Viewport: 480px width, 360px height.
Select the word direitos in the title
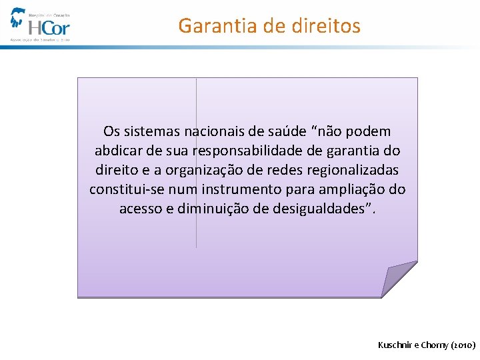tap(327, 26)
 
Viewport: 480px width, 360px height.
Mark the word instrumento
tap(241, 189)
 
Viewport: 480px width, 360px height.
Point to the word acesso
tap(141, 209)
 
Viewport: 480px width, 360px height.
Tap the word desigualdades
tap(327, 209)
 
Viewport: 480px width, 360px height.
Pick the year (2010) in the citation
tap(463, 345)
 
